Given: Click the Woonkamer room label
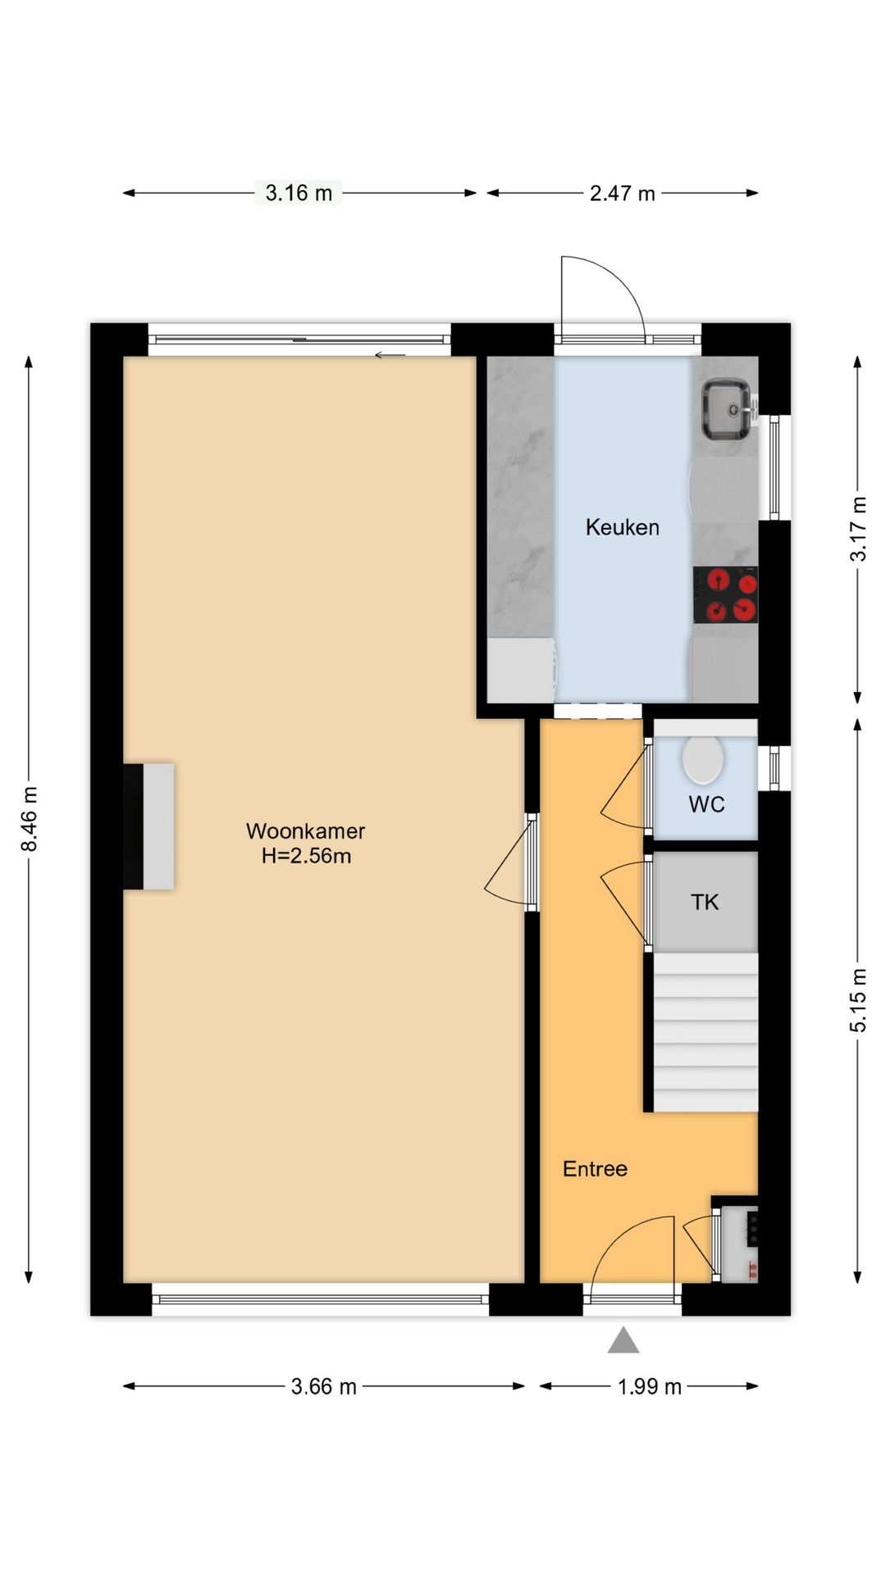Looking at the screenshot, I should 305,830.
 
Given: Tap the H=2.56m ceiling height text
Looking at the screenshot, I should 306,856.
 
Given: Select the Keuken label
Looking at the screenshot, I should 622,527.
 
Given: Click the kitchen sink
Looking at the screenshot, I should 725,407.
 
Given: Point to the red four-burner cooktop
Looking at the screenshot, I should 725,595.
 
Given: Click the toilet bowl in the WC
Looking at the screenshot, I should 702,759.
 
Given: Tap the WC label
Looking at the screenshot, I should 706,804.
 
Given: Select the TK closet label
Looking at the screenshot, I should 705,903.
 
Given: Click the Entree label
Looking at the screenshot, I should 595,1169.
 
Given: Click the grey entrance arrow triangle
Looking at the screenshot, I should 623,1340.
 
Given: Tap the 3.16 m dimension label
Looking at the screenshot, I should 299,193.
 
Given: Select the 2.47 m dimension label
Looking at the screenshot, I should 622,193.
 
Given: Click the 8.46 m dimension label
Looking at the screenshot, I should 30,818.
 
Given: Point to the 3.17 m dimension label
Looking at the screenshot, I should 857,529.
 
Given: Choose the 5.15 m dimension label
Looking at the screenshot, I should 857,999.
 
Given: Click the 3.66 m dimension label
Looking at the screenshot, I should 323,1386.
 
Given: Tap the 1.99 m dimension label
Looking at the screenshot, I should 649,1386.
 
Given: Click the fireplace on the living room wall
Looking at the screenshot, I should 149,826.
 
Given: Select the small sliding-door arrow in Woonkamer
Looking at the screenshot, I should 390,355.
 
